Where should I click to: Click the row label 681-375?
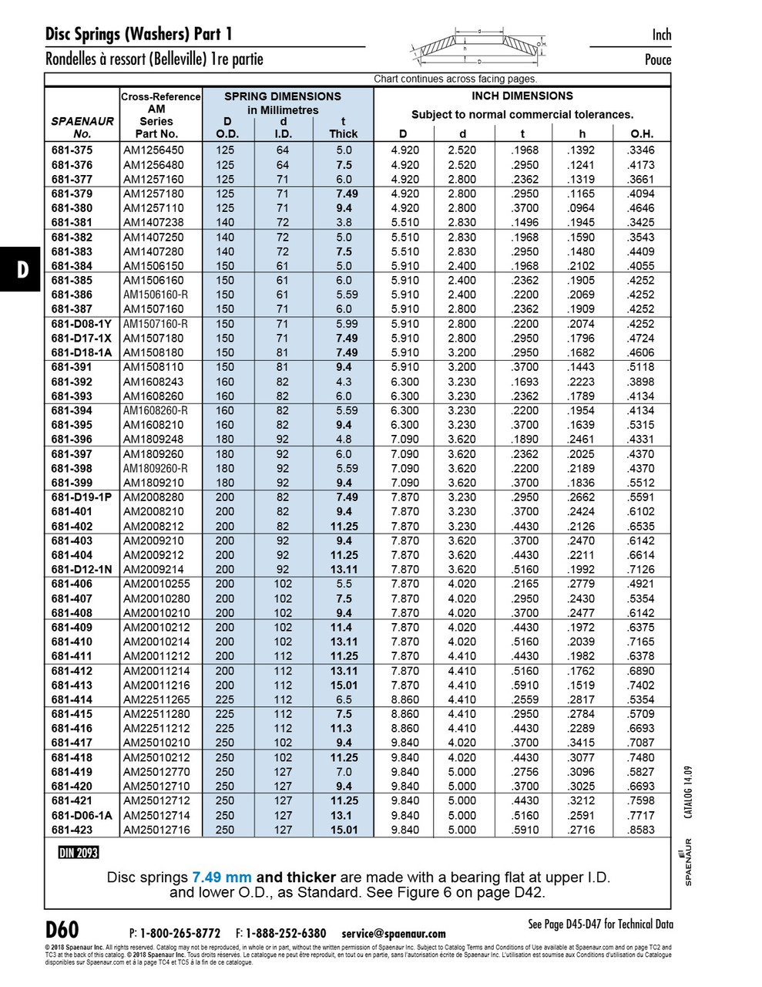[72, 150]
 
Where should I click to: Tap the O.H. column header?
[641, 133]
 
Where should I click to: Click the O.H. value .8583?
[641, 830]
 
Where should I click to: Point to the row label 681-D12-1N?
[81, 569]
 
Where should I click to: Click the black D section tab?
[20, 269]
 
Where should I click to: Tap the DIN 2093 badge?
[79, 852]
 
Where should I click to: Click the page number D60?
[62, 929]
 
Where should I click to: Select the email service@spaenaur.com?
[394, 933]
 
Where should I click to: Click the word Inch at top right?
[661, 35]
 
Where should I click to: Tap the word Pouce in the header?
[658, 59]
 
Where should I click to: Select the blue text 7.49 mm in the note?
[222, 878]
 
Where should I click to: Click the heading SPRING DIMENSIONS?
[282, 96]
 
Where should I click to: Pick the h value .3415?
[582, 743]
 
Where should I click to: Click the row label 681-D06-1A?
[81, 815]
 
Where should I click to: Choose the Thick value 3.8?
[343, 222]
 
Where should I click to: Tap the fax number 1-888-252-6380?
[286, 933]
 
